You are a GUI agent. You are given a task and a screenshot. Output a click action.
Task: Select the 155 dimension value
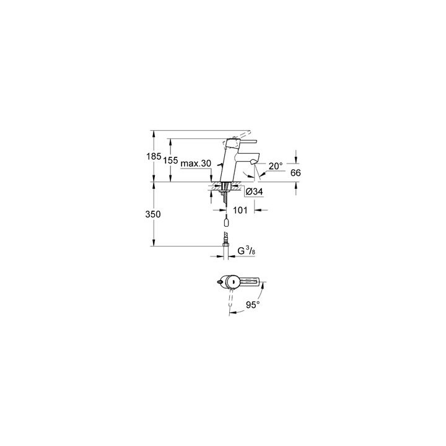171,160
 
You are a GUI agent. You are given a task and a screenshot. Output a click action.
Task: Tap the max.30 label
198,164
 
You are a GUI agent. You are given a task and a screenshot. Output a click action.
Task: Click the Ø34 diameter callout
255,193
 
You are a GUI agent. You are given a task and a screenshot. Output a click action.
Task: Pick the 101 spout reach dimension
241,210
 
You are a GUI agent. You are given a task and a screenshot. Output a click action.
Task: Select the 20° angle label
275,166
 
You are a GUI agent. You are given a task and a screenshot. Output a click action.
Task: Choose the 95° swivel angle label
252,305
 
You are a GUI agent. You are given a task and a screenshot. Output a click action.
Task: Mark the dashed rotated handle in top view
231,300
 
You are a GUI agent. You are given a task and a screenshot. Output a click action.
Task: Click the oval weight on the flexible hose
227,221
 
